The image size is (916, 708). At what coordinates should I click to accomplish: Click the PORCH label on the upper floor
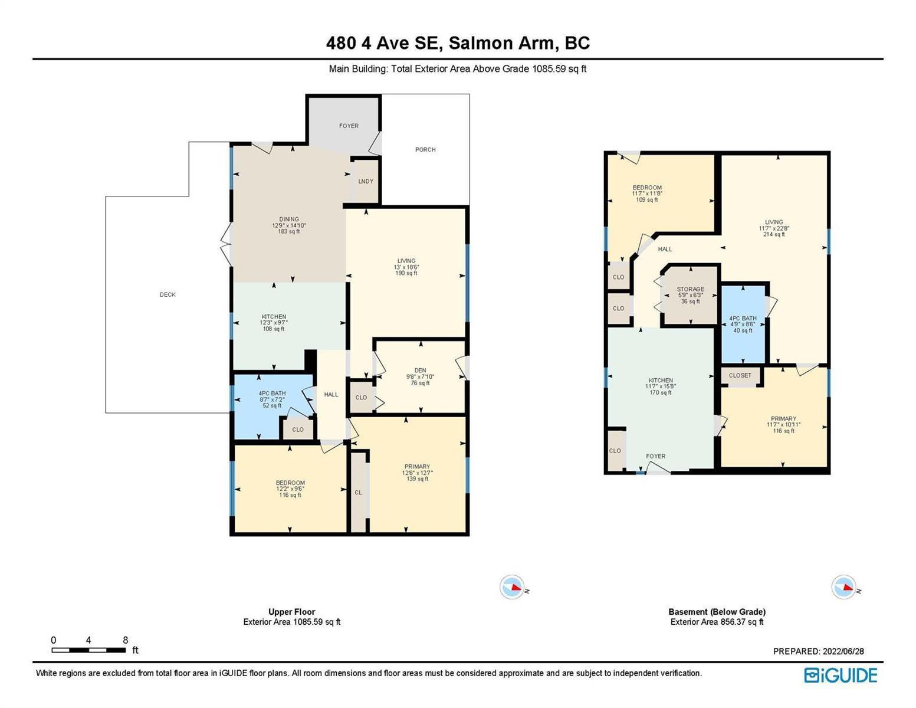pyautogui.click(x=425, y=149)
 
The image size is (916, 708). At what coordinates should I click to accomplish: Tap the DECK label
pyautogui.click(x=168, y=294)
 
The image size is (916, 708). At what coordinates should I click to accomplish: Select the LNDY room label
pyautogui.click(x=366, y=181)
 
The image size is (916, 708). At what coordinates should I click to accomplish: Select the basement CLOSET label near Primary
pyautogui.click(x=740, y=375)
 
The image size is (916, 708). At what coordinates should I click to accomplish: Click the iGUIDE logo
pyautogui.click(x=841, y=675)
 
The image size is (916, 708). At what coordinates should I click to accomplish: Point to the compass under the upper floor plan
pyautogui.click(x=512, y=587)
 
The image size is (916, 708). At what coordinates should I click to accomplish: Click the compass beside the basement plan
pyautogui.click(x=844, y=587)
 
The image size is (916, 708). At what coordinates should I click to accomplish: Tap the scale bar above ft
pyautogui.click(x=88, y=650)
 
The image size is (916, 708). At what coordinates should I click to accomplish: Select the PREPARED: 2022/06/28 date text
pyautogui.click(x=818, y=651)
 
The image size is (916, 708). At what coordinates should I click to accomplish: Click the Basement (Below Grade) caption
pyautogui.click(x=717, y=612)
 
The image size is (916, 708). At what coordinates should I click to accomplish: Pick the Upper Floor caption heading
pyautogui.click(x=292, y=612)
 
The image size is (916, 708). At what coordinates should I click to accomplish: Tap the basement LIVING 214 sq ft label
pyautogui.click(x=773, y=228)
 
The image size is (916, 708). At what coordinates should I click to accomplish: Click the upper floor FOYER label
pyautogui.click(x=349, y=126)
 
